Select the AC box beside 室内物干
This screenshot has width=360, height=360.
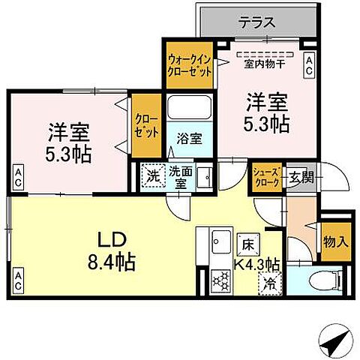tap(308, 64)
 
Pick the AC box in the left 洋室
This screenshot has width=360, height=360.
tap(17, 178)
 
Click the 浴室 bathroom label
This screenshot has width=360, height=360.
tap(188, 139)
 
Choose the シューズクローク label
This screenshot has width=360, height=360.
tap(267, 178)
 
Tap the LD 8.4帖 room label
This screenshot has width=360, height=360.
tap(112, 253)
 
